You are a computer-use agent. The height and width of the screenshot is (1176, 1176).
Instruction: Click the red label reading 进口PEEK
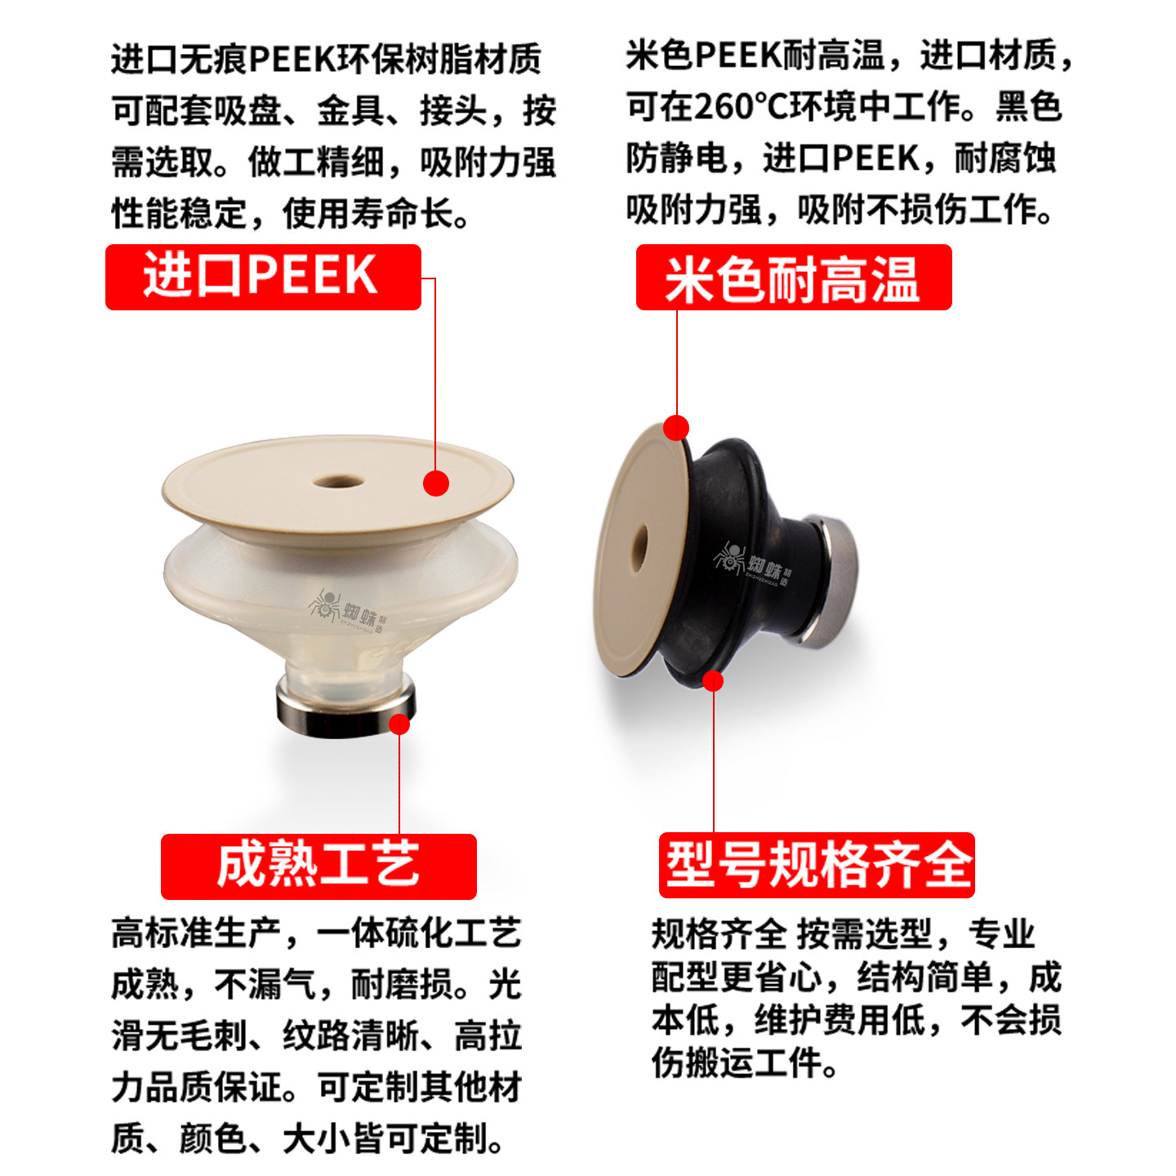[262, 277]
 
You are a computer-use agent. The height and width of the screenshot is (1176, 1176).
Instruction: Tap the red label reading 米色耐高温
[793, 278]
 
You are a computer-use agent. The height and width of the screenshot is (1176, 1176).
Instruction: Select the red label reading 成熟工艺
[318, 866]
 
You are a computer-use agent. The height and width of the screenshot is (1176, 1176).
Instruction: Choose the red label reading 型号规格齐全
[816, 865]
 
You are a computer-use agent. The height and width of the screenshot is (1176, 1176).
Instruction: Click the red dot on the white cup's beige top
[436, 483]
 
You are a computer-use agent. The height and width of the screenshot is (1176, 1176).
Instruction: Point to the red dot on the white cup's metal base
[399, 724]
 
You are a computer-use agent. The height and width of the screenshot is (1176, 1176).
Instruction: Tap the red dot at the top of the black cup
[676, 427]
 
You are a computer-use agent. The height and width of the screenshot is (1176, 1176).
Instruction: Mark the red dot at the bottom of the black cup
[713, 680]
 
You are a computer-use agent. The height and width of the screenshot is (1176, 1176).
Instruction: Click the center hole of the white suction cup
[338, 480]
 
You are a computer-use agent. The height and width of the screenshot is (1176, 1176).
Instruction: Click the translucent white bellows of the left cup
[245, 572]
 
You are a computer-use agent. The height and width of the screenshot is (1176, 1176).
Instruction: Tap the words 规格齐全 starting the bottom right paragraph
[718, 933]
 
